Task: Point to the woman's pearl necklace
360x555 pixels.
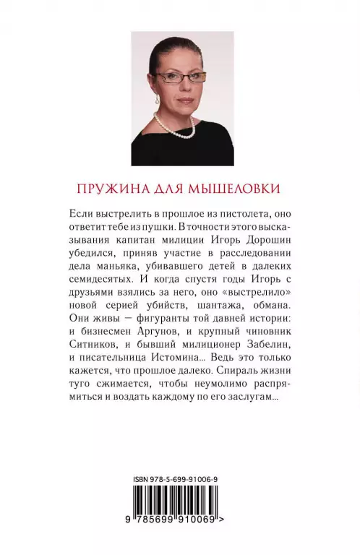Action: pos(177,130)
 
